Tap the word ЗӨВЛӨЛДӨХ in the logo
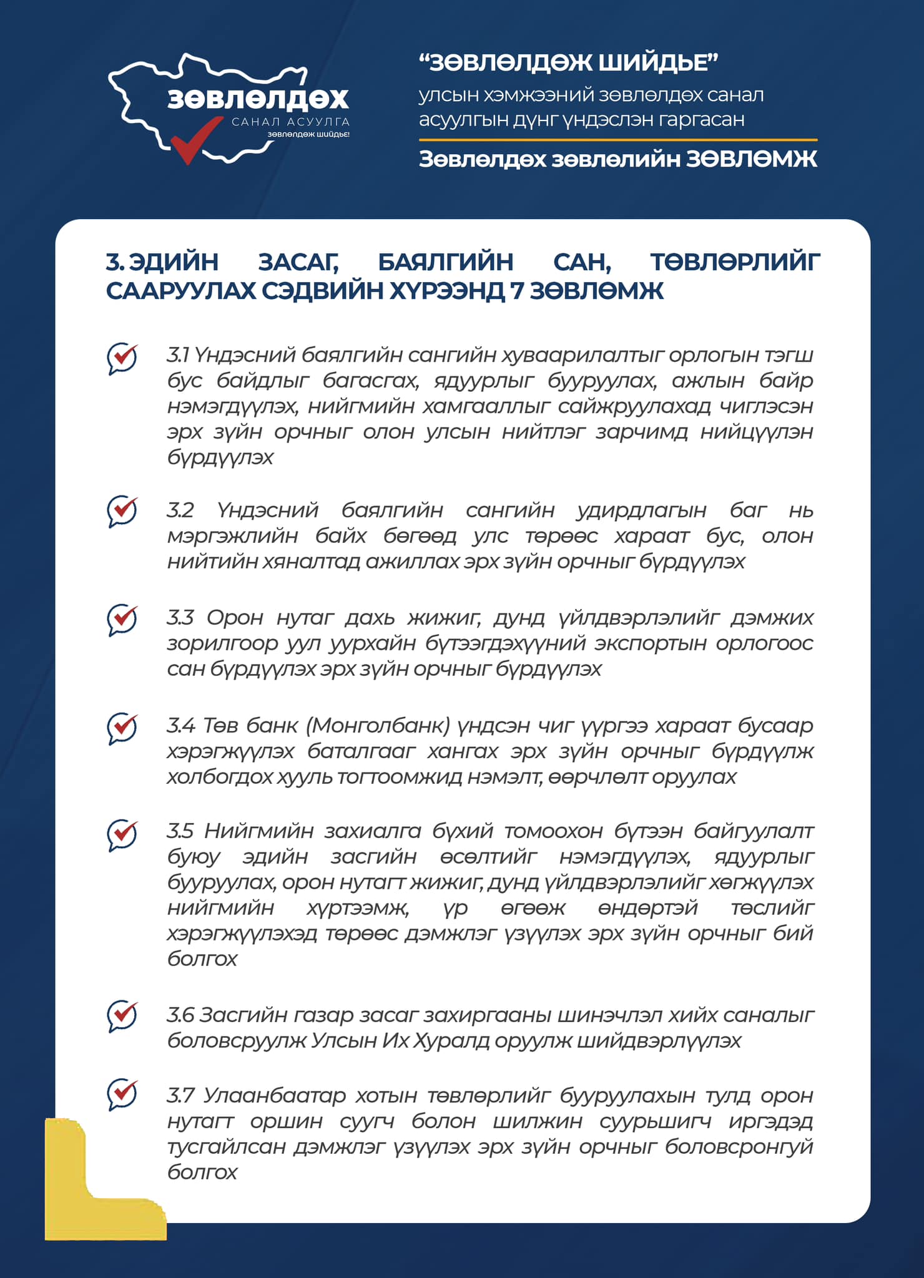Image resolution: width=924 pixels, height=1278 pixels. click(258, 99)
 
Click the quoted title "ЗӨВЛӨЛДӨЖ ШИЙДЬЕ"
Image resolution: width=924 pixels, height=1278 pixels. click(568, 62)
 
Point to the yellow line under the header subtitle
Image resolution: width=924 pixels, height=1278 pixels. click(617, 140)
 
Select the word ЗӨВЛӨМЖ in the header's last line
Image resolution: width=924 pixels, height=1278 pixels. click(752, 160)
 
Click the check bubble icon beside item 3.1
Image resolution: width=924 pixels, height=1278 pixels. click(122, 358)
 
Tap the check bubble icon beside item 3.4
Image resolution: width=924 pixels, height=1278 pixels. click(122, 728)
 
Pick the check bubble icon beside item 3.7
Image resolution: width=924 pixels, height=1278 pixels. click(122, 1095)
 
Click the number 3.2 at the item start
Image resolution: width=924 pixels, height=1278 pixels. click(180, 510)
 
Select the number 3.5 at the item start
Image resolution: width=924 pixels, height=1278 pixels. click(180, 831)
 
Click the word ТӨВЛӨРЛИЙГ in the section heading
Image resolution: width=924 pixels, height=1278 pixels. click(735, 262)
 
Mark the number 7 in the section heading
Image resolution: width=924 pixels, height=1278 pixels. click(517, 291)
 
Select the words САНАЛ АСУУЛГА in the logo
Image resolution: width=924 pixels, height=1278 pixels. click(290, 122)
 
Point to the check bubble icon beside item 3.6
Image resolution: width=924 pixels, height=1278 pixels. click(122, 1016)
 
